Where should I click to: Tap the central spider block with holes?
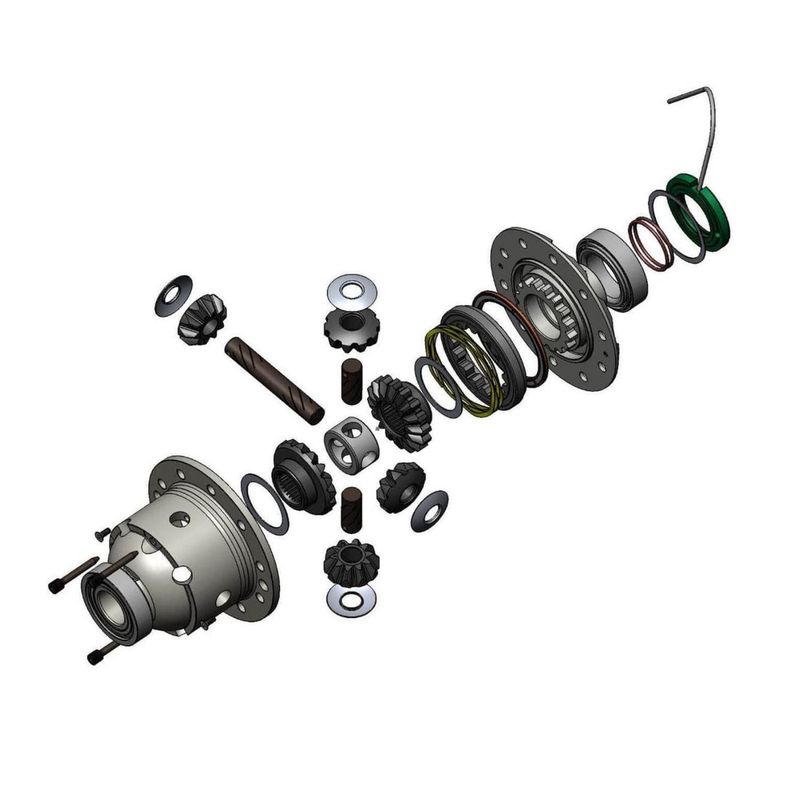click(351, 443)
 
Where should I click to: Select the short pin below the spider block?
click(351, 506)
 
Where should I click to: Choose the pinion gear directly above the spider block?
click(351, 326)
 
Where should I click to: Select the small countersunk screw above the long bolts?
click(100, 535)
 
